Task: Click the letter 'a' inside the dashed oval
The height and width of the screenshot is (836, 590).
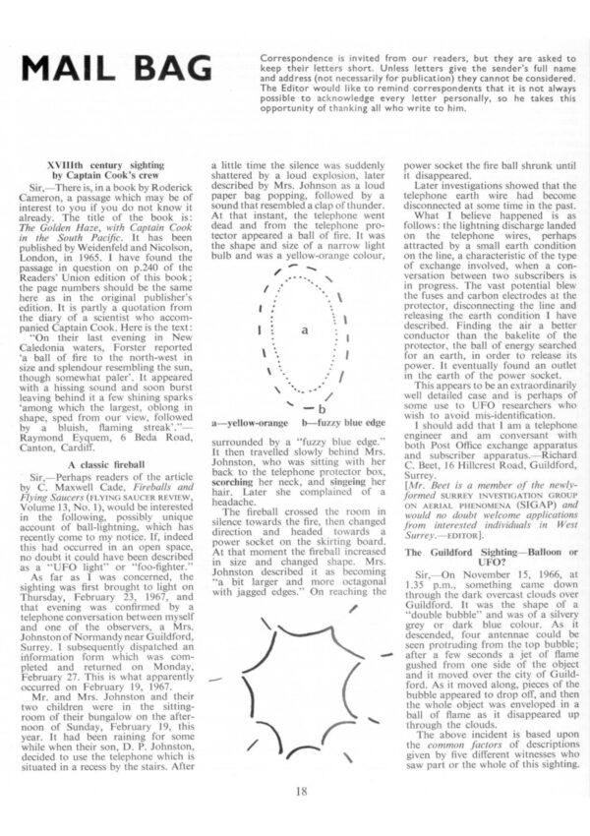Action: pyautogui.click(x=306, y=330)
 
